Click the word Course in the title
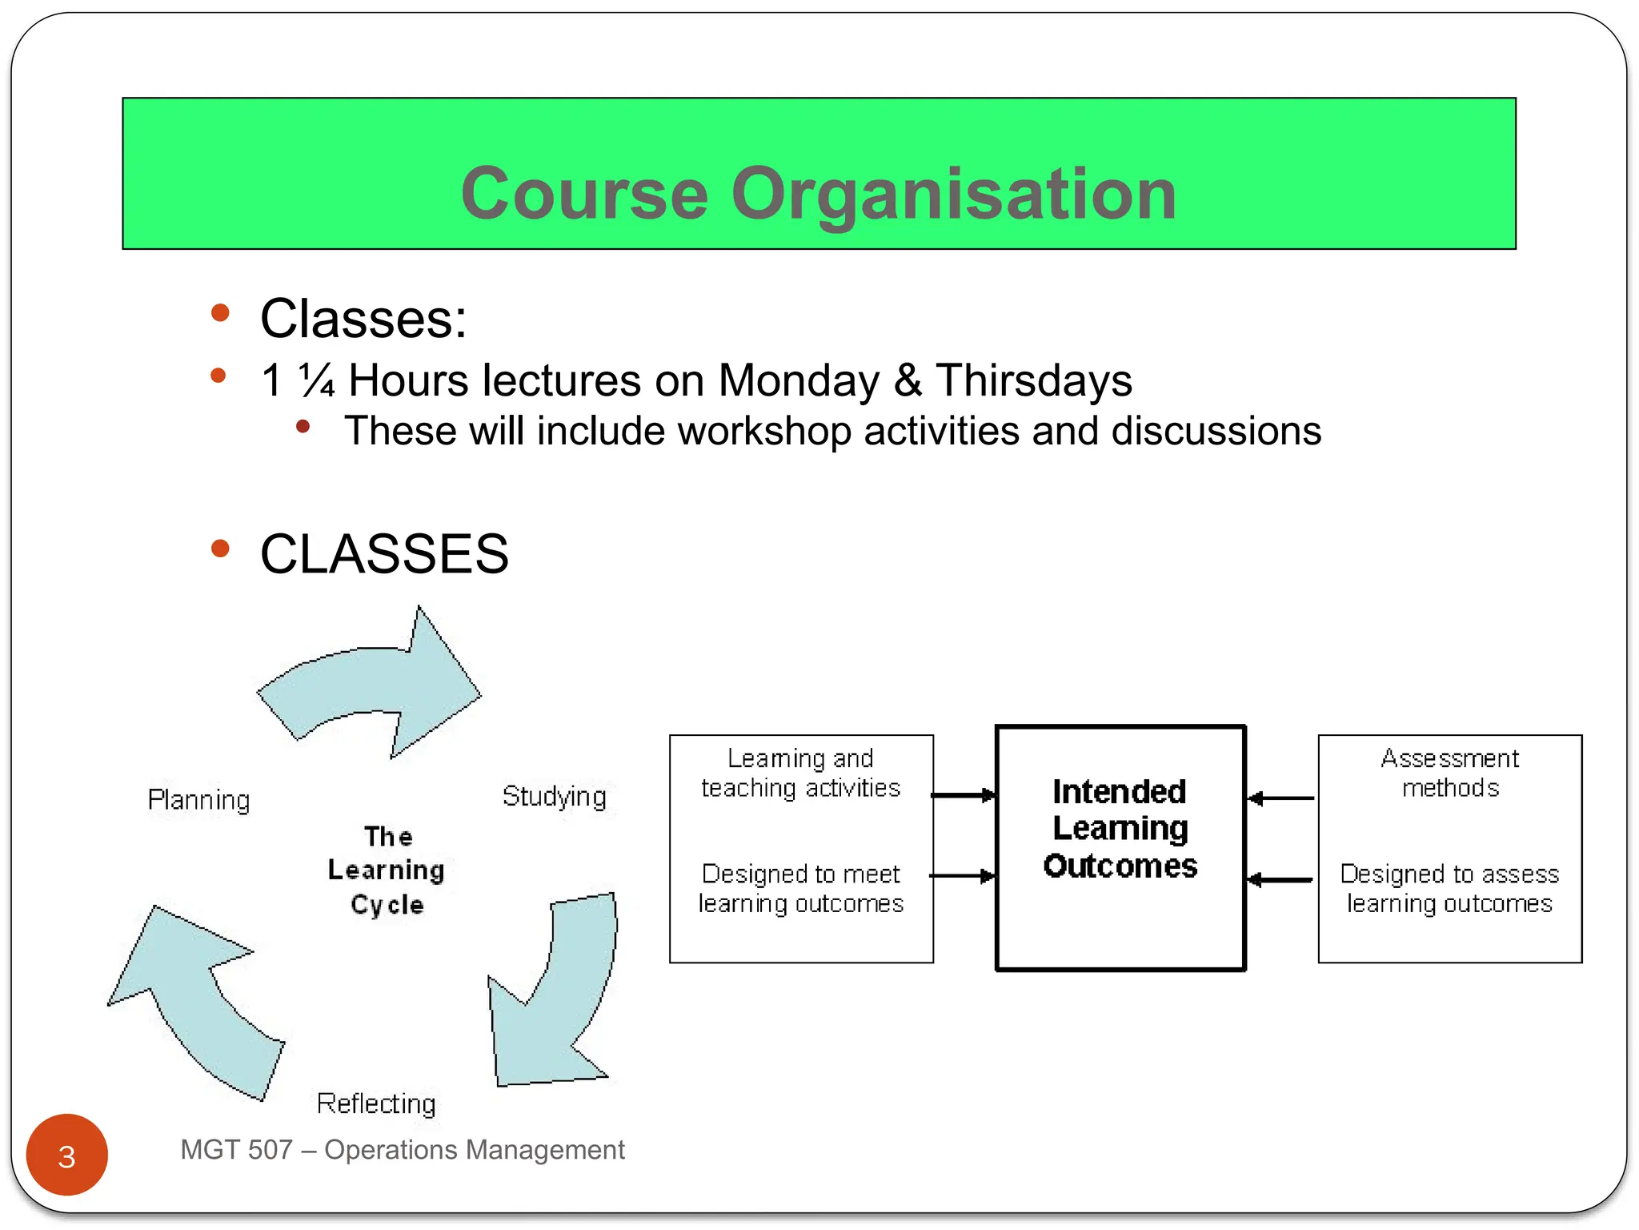click(584, 194)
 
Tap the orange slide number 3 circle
click(67, 1155)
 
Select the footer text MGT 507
click(236, 1150)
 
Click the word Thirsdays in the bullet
click(1034, 380)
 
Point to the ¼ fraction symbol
click(317, 380)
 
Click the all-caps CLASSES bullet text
click(384, 554)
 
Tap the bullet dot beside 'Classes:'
click(220, 312)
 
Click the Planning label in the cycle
click(199, 800)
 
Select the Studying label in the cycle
click(554, 796)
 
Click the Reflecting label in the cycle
click(376, 1103)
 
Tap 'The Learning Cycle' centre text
click(387, 870)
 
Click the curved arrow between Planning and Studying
click(376, 685)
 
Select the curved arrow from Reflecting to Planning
click(196, 1001)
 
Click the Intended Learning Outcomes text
click(1120, 829)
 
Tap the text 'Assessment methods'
click(1449, 773)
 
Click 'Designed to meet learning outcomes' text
click(801, 888)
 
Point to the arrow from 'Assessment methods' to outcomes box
click(1281, 798)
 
